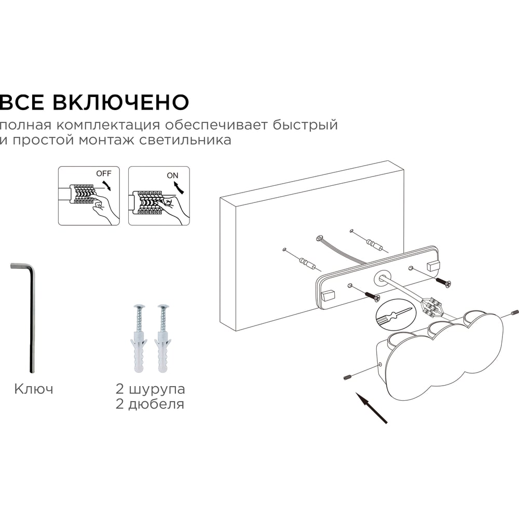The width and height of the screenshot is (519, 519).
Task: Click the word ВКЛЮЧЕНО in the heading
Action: pos(121,102)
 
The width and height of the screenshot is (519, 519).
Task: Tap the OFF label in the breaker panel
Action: pos(104,173)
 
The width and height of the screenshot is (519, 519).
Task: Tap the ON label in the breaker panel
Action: pos(172,175)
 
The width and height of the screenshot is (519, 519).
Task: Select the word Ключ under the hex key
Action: pos(34,389)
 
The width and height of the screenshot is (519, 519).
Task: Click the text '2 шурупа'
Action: pos(151,389)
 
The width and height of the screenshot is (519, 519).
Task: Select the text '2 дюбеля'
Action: pos(150,404)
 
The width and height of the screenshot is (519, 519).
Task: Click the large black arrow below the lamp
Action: pos(371,408)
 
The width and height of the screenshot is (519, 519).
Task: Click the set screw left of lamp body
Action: pos(347,377)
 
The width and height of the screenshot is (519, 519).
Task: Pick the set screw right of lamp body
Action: pos(514,312)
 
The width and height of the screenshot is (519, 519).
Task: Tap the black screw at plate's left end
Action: pos(372,296)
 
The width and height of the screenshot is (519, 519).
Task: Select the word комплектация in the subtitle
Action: pos(108,126)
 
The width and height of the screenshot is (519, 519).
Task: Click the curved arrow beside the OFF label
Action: pos(106,185)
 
